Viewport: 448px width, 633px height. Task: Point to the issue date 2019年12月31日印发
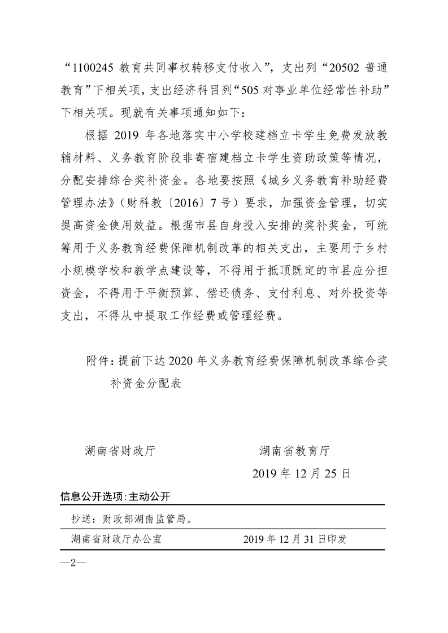pyautogui.click(x=295, y=539)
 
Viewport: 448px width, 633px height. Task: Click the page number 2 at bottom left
pyautogui.click(x=72, y=562)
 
